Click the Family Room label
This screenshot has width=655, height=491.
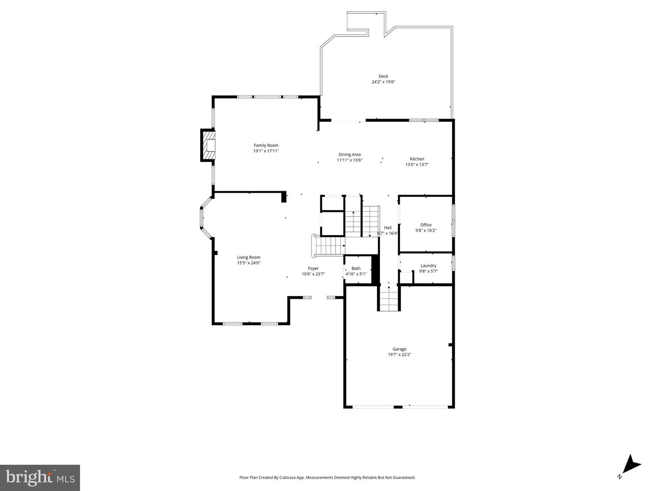pos(266,145)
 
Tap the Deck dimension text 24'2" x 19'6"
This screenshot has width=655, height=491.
pos(383,82)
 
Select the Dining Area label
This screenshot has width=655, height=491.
pos(349,154)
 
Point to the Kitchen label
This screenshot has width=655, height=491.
pos(417,159)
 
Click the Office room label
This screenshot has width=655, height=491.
pos(426,225)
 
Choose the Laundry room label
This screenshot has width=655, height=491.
pos(428,266)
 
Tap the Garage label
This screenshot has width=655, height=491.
pos(399,349)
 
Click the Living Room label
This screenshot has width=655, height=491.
pos(248,257)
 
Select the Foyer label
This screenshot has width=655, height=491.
pos(313,268)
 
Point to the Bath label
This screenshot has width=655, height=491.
pos(356,268)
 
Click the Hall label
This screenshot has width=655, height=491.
pos(388,228)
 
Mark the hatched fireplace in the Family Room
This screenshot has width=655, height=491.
pos(208,145)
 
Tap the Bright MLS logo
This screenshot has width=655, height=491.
pos(40,478)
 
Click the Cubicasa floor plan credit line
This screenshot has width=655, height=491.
pos(327,477)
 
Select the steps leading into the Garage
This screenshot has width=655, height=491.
pos(389,299)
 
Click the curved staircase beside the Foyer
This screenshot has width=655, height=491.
pos(327,246)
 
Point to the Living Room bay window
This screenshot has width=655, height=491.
pos(204,218)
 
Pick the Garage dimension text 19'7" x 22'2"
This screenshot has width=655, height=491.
pos(399,355)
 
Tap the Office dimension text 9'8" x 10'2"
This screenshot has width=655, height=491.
pos(426,230)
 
